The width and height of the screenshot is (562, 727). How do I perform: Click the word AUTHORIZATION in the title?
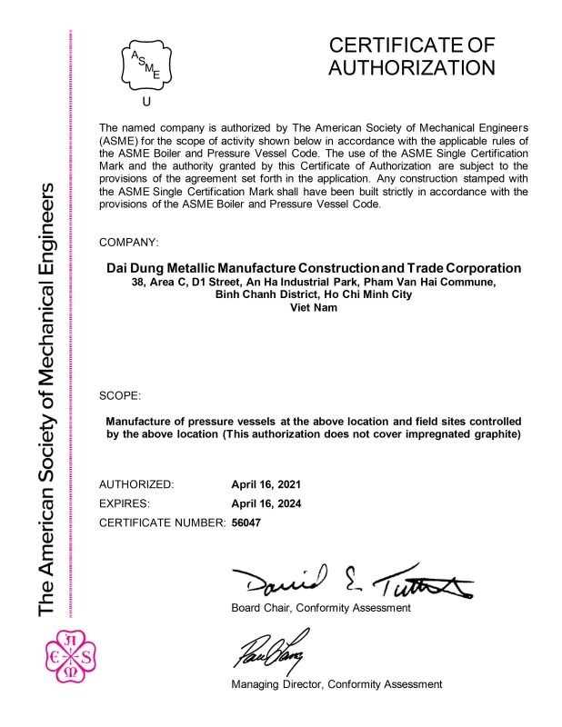[412, 68]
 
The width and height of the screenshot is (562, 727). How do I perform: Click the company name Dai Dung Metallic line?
[314, 268]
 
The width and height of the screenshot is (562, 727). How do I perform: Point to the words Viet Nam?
[314, 308]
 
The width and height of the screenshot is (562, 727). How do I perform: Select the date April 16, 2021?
[266, 484]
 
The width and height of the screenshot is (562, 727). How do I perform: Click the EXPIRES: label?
[124, 503]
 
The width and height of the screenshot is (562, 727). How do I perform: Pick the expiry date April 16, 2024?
[266, 503]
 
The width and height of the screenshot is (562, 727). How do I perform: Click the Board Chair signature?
[351, 579]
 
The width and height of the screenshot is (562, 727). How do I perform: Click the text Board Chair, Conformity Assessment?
[321, 608]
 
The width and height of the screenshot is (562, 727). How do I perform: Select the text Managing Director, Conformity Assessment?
[336, 683]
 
